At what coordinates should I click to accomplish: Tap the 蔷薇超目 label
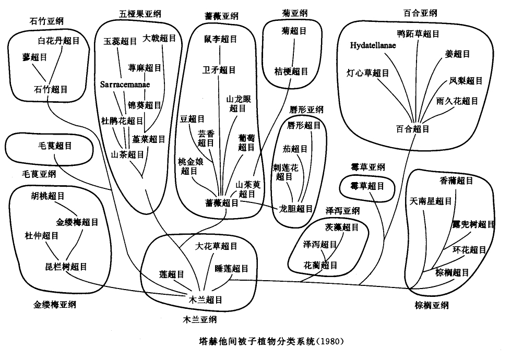(222, 202)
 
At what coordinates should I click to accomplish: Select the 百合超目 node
(413, 129)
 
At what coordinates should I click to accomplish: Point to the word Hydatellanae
(373, 45)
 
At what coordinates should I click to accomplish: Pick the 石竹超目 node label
(50, 89)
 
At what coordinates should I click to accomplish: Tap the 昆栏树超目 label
(66, 267)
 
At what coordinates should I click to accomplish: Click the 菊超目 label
(292, 31)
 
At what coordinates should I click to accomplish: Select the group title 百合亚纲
(420, 13)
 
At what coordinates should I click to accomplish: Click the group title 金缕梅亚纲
(52, 304)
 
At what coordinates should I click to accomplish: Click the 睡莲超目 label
(232, 269)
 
